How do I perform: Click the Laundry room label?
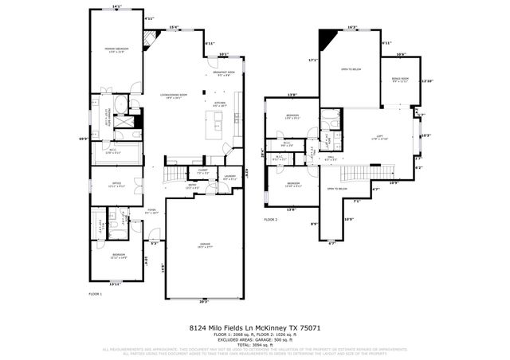tap(229, 178)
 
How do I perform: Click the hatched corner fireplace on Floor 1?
tap(149, 37)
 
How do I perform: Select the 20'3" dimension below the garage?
tap(204, 302)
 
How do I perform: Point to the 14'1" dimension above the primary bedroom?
tap(116, 7)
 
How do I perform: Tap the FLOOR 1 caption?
tap(96, 294)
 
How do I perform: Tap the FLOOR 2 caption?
tap(272, 219)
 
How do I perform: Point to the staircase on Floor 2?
tap(371, 173)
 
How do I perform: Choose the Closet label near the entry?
tap(202, 171)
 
